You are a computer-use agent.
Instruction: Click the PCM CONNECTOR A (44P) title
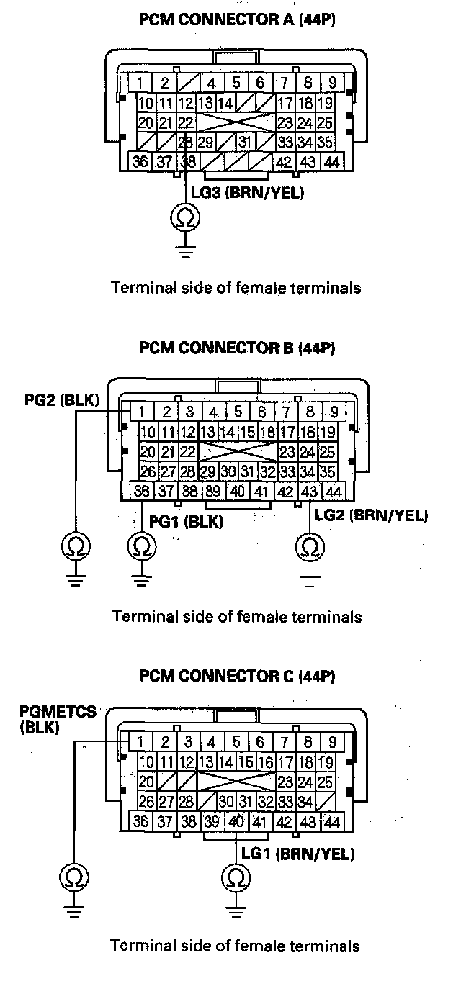pos(237,19)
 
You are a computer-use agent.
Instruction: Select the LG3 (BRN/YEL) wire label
pos(248,193)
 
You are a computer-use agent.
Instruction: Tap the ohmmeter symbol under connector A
pos(185,218)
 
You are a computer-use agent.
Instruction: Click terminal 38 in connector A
pos(188,161)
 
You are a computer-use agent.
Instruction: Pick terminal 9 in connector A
pos(333,83)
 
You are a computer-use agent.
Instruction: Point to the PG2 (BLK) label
pos(61,399)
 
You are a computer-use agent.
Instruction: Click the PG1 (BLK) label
pos(186,521)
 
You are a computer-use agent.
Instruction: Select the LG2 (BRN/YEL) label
pos(371,515)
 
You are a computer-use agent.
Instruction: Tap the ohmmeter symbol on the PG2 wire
pos(76,546)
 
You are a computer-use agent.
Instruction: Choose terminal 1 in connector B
pos(143,411)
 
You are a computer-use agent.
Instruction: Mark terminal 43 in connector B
pos(309,492)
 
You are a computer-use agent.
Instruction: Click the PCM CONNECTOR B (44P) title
pos(237,348)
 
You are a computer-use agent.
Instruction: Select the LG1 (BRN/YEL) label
pos(297,854)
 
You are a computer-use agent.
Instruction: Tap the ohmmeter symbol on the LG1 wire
pos(236,878)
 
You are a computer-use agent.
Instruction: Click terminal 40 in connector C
pos(236,821)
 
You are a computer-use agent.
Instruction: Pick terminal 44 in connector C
pos(331,821)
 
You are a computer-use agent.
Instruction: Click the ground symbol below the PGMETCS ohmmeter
pos(74,910)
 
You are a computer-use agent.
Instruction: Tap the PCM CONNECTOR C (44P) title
pos(237,675)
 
